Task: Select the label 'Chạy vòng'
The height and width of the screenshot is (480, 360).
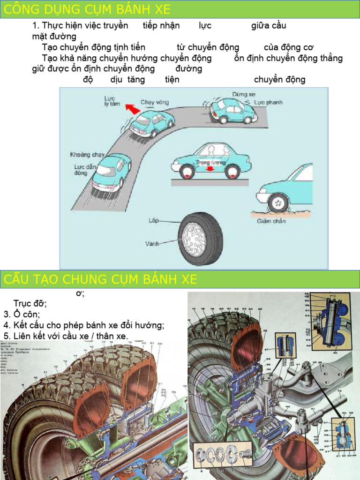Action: (155, 102)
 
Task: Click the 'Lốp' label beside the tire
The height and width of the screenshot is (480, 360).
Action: (154, 220)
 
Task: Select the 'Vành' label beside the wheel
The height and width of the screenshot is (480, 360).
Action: (152, 244)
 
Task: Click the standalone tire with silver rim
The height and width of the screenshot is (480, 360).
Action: (200, 239)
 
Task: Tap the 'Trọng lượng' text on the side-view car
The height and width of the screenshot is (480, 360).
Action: (211, 163)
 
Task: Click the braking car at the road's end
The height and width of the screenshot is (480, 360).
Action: (232, 111)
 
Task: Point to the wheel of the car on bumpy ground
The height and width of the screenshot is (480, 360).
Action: (278, 202)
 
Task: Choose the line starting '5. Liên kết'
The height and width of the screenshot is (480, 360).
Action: (66, 336)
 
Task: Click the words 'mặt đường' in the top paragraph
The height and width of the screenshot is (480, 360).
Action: (54, 37)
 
